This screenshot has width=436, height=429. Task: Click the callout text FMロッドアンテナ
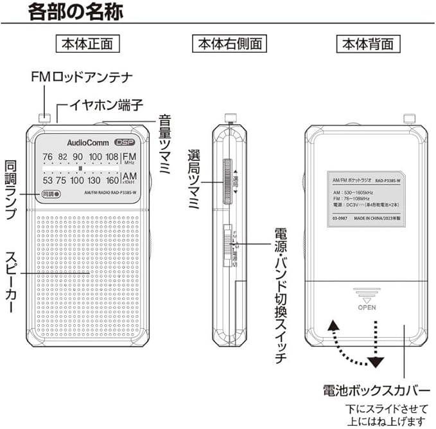point(82,78)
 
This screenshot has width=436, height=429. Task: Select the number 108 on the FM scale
point(112,158)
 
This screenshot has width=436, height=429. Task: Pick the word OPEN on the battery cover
point(367,307)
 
